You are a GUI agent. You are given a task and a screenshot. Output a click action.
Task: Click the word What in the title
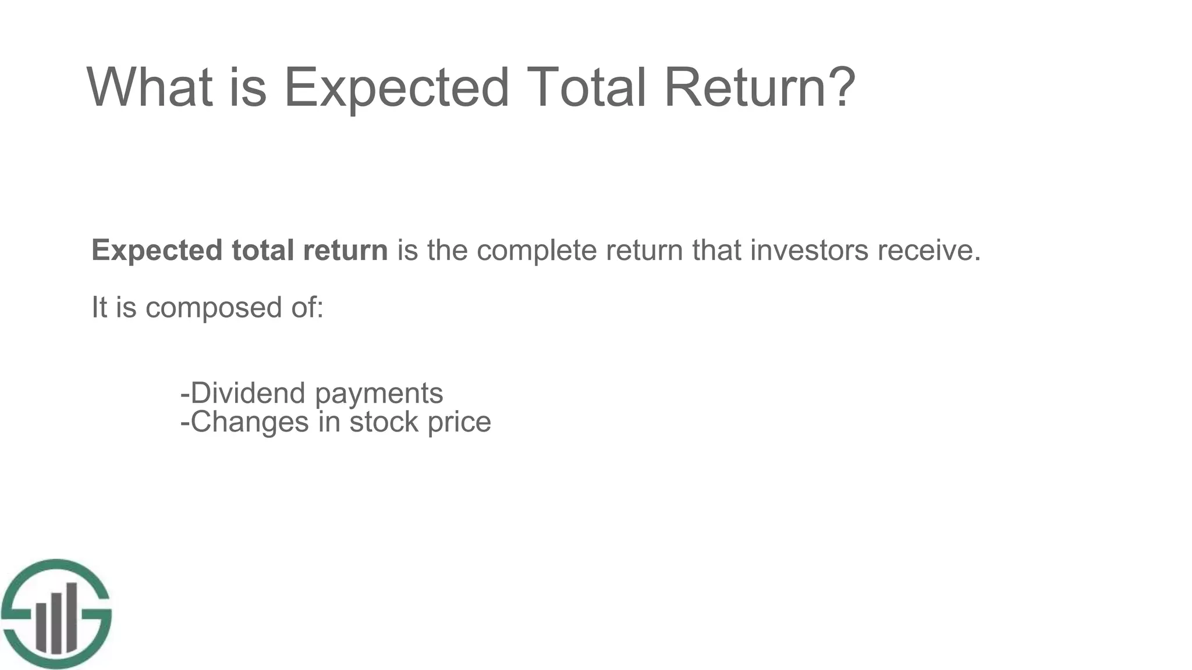pos(150,87)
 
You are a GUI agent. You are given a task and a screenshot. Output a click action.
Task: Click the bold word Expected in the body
pos(157,251)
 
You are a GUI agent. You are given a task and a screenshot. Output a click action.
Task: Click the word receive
pos(929,251)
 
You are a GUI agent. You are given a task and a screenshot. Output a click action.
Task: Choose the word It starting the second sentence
pos(99,308)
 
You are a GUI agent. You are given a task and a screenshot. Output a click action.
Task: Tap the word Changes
pos(250,422)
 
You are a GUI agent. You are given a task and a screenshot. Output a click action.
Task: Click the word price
pos(459,422)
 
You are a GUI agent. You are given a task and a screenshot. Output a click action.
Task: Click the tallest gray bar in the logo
pos(71,617)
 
